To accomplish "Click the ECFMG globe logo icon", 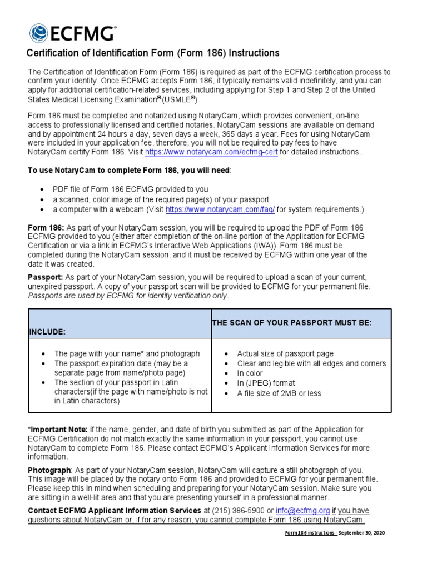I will click(x=38, y=33).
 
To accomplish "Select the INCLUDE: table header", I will click(x=47, y=332).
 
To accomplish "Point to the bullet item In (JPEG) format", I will click(x=266, y=383).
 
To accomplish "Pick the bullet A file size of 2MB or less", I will click(x=279, y=393).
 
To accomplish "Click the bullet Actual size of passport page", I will click(x=285, y=353).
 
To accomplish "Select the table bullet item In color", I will click(x=250, y=373).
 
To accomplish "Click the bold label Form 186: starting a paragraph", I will click(x=46, y=228).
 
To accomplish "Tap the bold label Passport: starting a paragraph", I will click(x=46, y=277).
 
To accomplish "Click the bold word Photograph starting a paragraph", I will click(x=49, y=470).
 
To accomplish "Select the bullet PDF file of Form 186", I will click(x=131, y=189).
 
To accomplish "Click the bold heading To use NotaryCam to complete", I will click(x=128, y=171).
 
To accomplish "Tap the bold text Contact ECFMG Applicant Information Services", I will click(x=115, y=511).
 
